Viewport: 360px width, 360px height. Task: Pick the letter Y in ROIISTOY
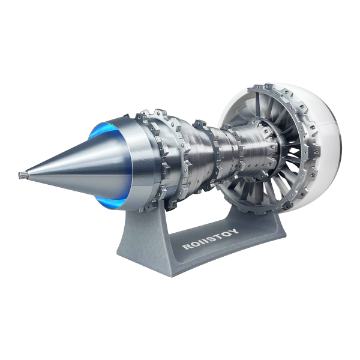235,230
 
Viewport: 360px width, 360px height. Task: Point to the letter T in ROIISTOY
219,235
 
